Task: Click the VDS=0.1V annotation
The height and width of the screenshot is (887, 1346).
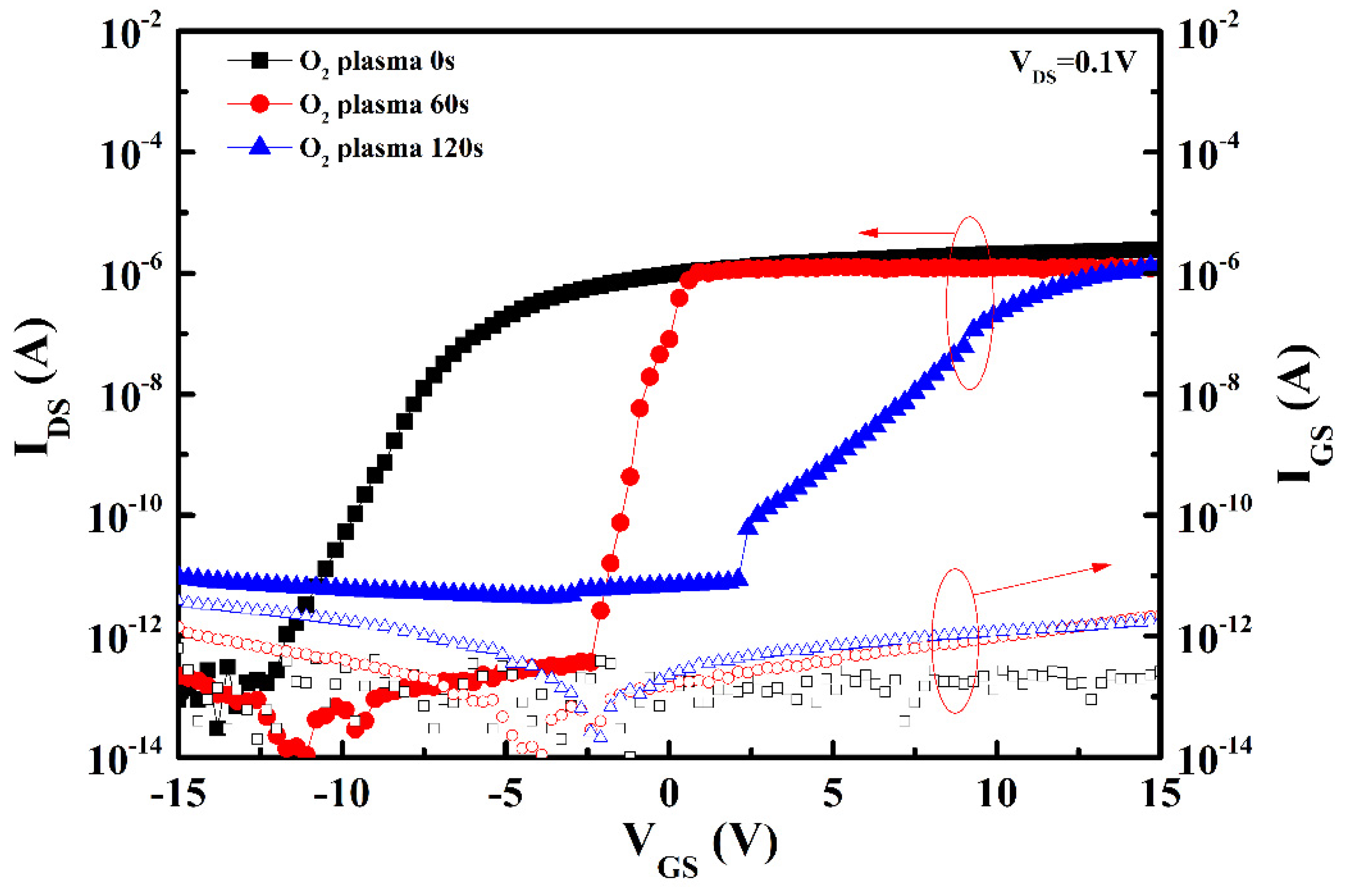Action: tap(1072, 64)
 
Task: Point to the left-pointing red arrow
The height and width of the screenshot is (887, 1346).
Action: tap(905, 233)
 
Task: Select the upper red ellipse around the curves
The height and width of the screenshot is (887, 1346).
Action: tap(969, 303)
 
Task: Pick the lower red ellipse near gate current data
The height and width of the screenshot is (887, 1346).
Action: tap(955, 641)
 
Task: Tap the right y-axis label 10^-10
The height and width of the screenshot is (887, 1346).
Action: tap(1214, 515)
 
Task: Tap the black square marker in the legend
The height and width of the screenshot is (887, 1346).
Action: tap(260, 60)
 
